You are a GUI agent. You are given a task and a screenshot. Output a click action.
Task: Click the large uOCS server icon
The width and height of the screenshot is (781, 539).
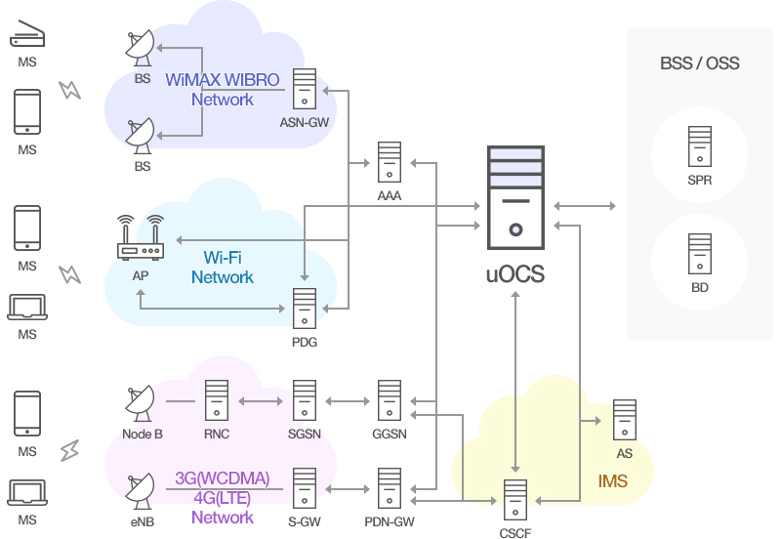[515, 197]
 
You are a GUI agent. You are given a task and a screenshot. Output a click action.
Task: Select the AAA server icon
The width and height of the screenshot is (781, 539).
[389, 162]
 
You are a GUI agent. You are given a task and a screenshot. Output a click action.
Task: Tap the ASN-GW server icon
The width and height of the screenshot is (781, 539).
[305, 89]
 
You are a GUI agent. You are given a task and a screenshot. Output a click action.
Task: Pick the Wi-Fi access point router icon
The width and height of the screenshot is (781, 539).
[141, 237]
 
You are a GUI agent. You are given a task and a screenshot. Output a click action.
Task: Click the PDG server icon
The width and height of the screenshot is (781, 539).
[305, 309]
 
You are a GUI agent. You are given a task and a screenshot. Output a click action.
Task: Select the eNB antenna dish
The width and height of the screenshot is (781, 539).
[140, 491]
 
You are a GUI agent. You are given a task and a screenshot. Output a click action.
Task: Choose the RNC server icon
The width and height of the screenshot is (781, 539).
[217, 400]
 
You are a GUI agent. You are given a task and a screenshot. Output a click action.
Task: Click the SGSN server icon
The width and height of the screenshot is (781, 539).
[305, 400]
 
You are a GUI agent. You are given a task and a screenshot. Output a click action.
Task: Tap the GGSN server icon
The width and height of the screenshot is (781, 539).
[389, 400]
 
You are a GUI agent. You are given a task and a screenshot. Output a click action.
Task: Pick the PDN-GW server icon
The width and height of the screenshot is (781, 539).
[389, 488]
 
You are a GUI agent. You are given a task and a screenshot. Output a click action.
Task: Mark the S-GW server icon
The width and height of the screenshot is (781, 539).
[305, 488]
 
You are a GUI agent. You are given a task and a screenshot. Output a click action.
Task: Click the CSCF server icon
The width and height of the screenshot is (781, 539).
[515, 500]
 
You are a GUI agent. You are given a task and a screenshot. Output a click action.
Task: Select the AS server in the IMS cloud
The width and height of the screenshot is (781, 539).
[625, 420]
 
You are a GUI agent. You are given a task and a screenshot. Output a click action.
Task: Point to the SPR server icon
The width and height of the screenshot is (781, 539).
[700, 146]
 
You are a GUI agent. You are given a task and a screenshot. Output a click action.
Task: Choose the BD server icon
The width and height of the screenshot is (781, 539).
[700, 254]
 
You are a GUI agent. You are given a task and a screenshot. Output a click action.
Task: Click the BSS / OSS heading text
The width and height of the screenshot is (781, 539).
[700, 63]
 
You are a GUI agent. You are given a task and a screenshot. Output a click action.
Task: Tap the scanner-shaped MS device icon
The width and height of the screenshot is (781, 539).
[27, 33]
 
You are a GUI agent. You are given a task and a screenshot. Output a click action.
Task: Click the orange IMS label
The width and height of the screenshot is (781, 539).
[613, 481]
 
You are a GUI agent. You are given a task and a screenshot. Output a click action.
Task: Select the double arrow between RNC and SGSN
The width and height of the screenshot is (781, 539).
[261, 401]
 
